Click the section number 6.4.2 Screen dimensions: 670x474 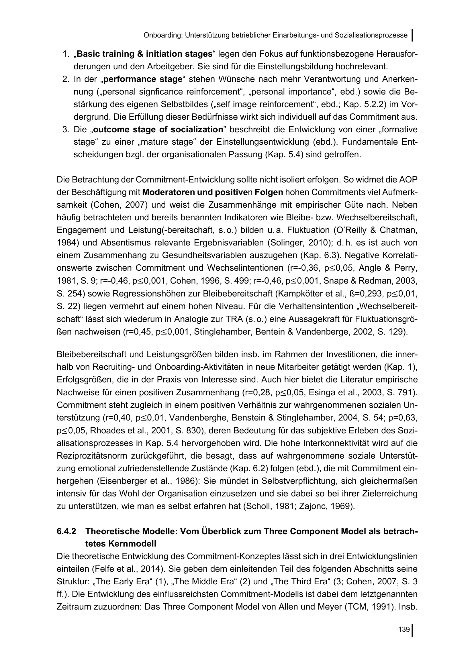click(66, 531)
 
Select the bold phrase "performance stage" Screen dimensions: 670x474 click(143, 79)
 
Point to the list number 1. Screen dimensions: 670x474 click(65, 54)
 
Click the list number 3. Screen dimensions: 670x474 click(65, 129)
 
